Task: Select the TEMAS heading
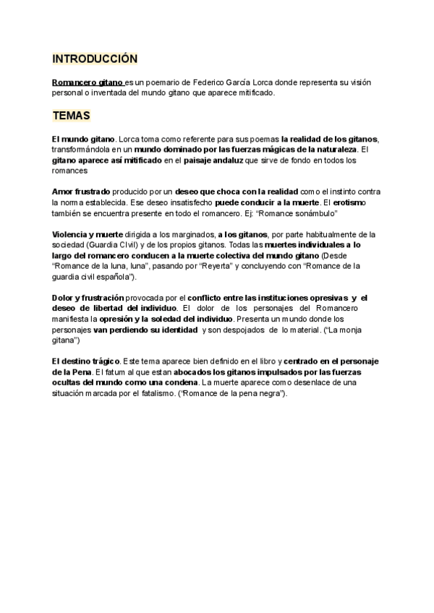pyautogui.click(x=72, y=116)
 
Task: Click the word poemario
pyautogui.click(x=158, y=83)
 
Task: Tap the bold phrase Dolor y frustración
pyautogui.click(x=88, y=298)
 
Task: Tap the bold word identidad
pyautogui.click(x=175, y=329)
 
